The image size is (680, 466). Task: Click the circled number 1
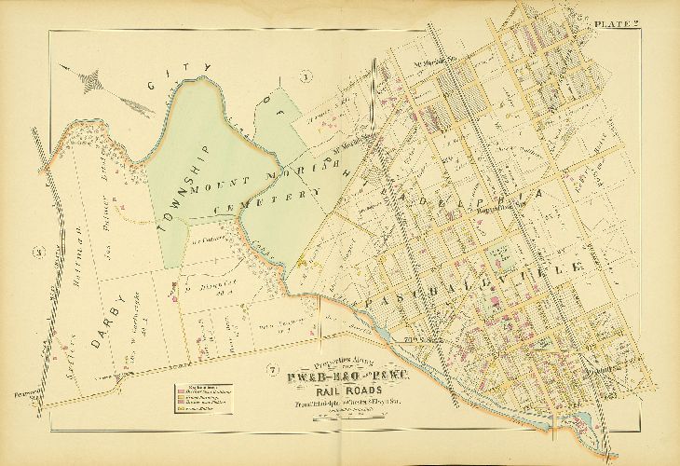(x=304, y=76)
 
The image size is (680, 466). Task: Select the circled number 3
(x=39, y=251)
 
